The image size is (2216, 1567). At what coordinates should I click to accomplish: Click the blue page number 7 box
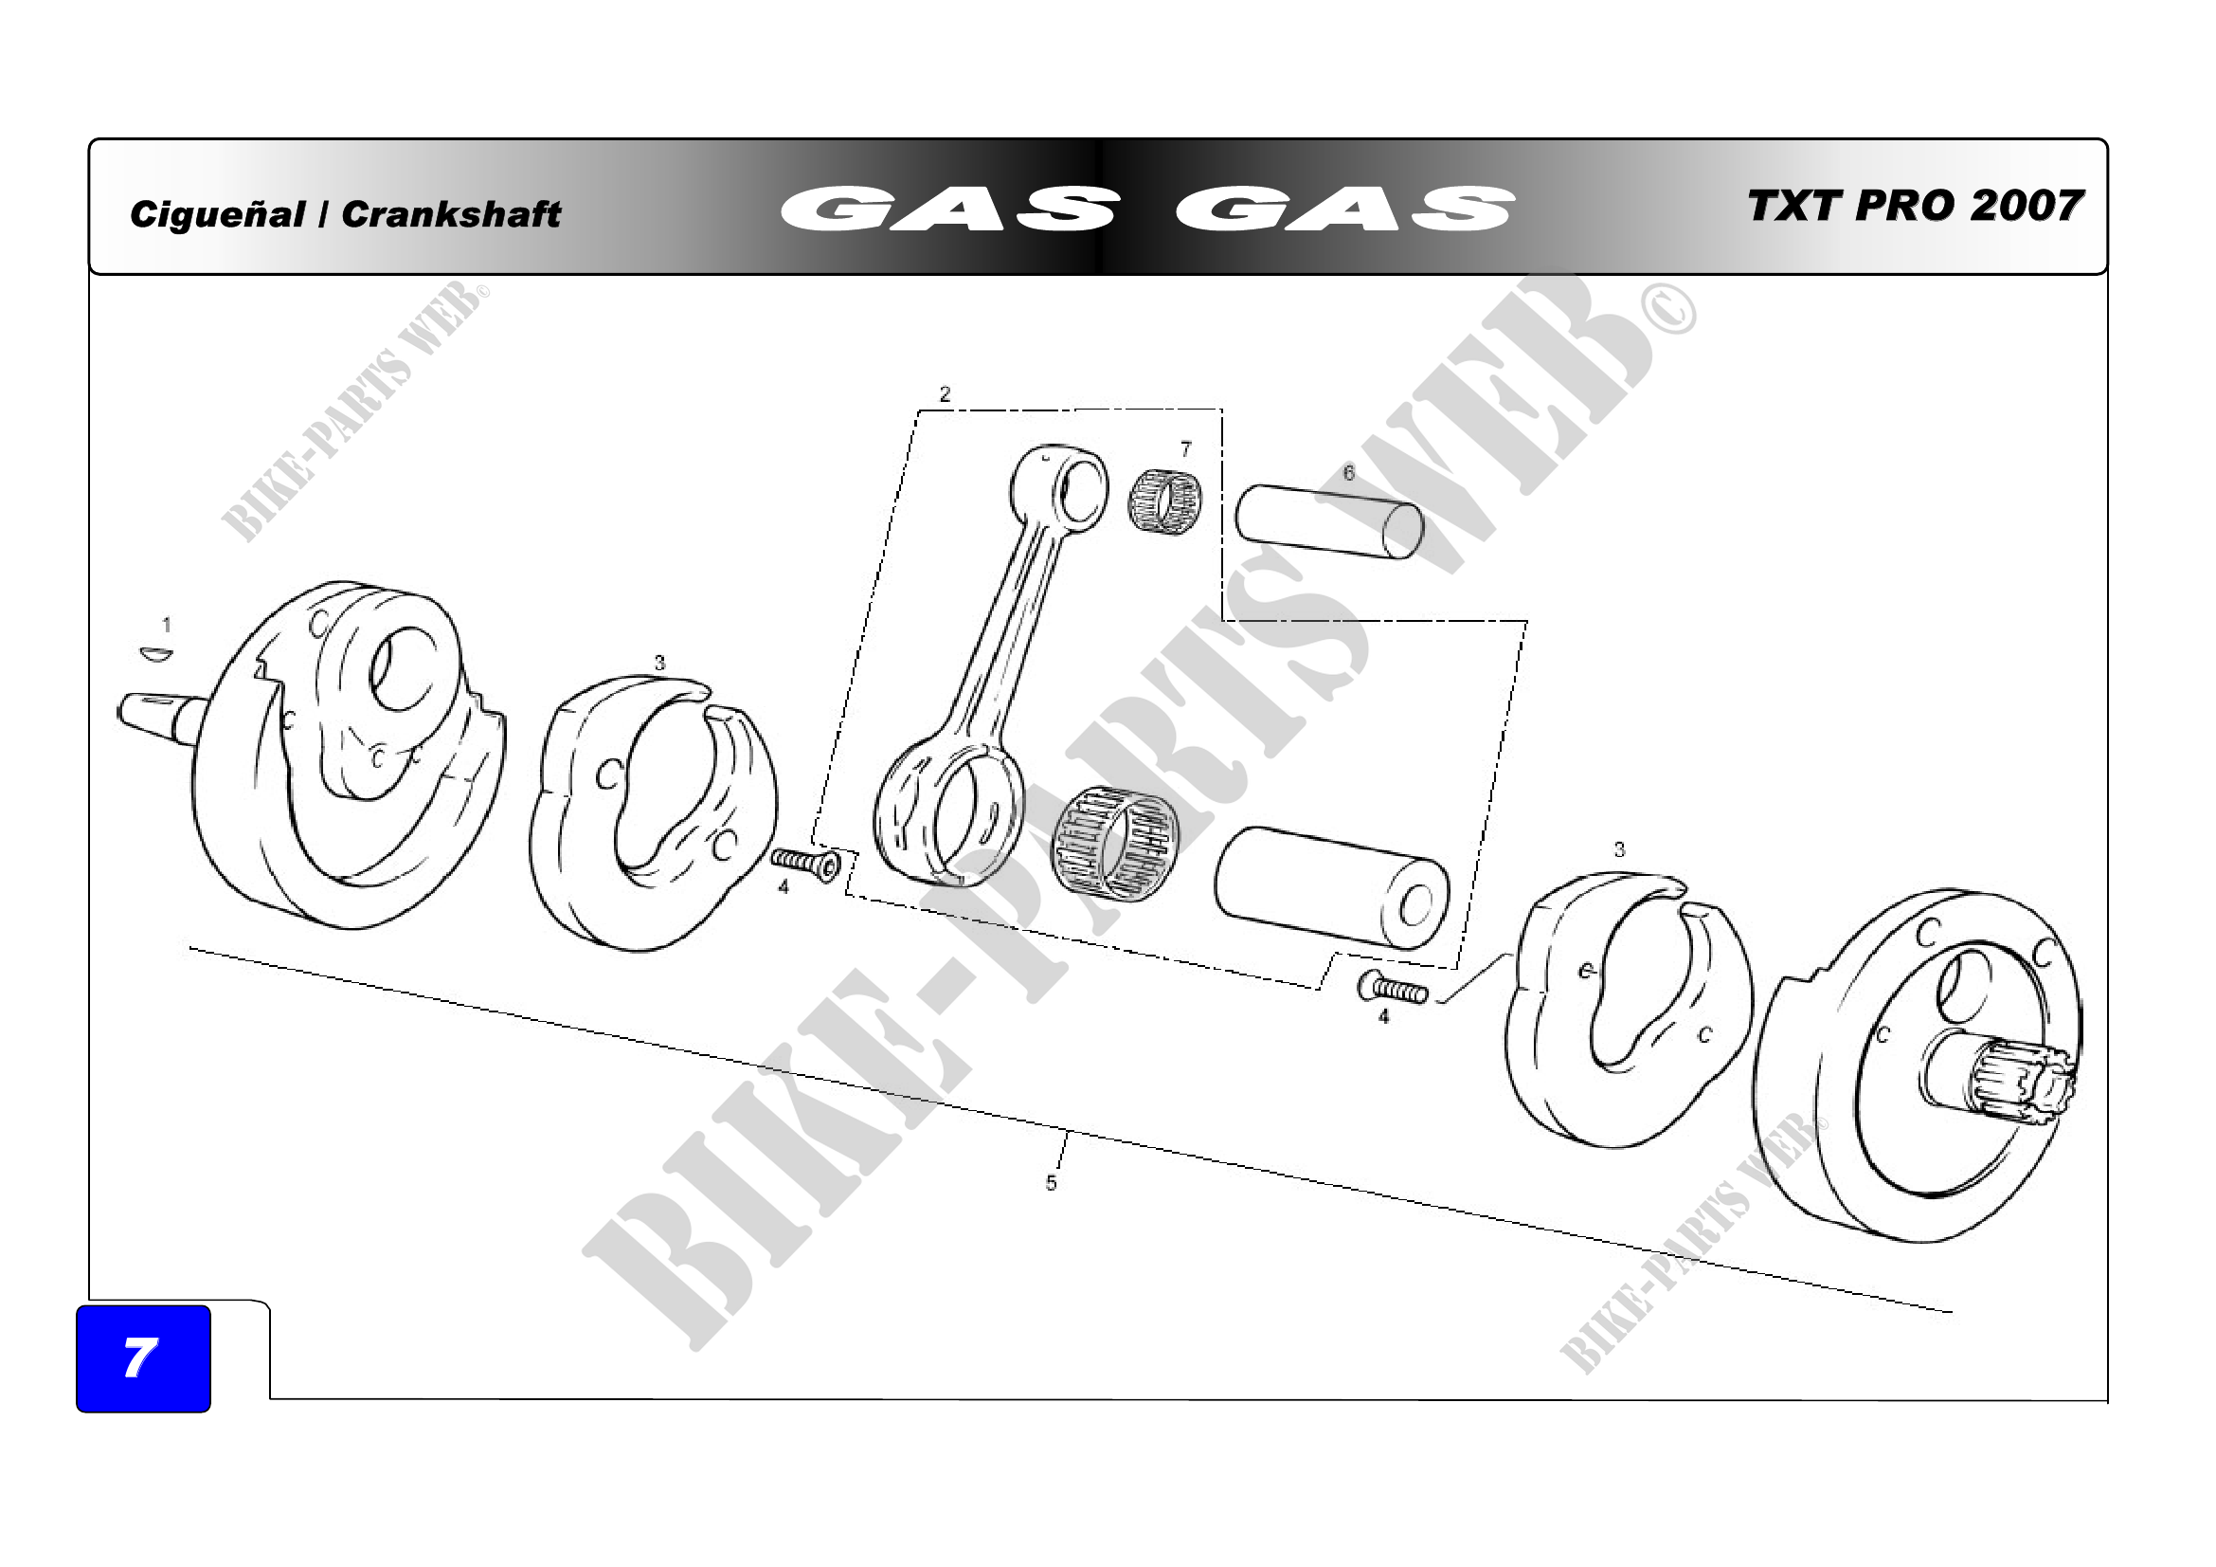[143, 1358]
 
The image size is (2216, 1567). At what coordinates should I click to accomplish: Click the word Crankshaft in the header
[451, 214]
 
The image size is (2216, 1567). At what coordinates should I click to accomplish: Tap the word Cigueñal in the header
[217, 214]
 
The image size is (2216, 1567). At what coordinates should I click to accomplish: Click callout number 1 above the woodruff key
[167, 625]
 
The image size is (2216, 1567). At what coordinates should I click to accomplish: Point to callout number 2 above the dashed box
[945, 394]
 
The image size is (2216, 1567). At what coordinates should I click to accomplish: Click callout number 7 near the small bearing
[1186, 449]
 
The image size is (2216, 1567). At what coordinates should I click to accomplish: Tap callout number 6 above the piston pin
[1349, 472]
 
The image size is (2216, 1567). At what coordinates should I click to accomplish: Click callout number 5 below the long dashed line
[1051, 1183]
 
